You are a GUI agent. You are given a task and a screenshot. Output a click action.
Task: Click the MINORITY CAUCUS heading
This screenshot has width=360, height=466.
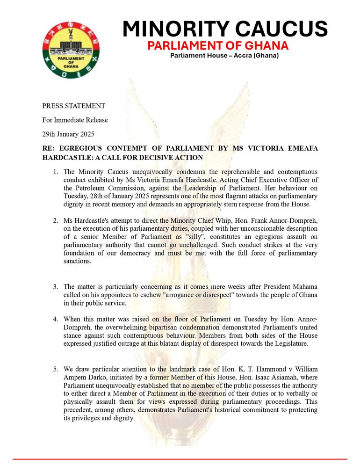[x=224, y=29]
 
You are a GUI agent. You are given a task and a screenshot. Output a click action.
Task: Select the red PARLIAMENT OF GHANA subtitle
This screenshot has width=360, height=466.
[x=218, y=46]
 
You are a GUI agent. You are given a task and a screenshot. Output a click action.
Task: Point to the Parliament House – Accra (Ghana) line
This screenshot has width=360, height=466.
[x=224, y=56]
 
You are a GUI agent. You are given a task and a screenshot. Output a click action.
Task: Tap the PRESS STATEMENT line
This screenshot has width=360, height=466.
[x=73, y=106]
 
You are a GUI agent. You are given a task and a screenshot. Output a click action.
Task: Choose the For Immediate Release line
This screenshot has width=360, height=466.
[x=75, y=120]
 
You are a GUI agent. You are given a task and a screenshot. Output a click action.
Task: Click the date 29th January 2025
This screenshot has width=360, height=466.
[x=68, y=134]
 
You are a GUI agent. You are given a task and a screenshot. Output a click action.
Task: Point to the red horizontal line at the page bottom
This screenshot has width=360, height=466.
[x=180, y=459]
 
